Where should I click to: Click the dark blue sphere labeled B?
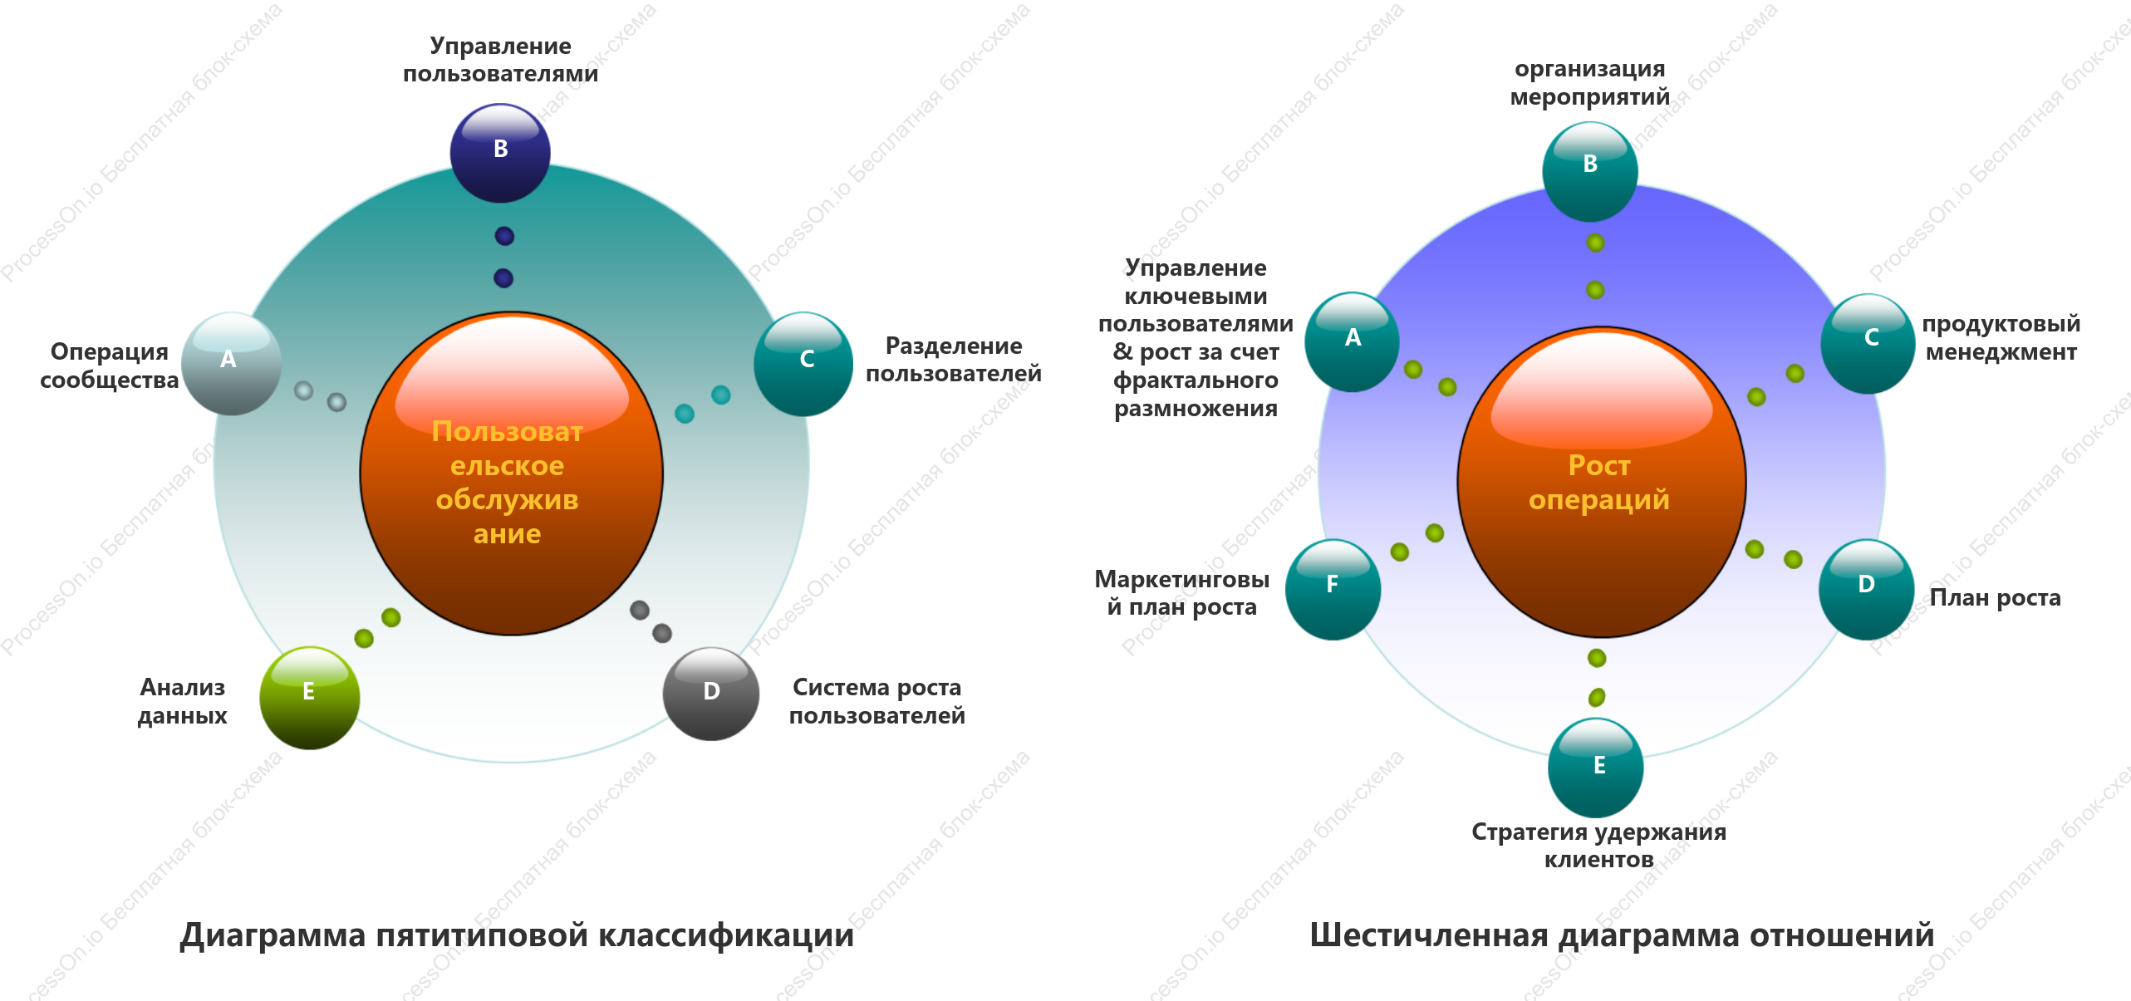pyautogui.click(x=500, y=153)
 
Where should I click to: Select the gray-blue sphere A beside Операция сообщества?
pyautogui.click(x=232, y=364)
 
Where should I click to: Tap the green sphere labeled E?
pyautogui.click(x=310, y=698)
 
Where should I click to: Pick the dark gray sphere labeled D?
pyautogui.click(x=711, y=694)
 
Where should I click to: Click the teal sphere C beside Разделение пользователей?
pyautogui.click(x=803, y=364)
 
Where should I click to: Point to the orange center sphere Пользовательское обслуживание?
pyautogui.click(x=511, y=474)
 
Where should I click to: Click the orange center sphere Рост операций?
pyautogui.click(x=1601, y=482)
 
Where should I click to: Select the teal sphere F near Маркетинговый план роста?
pyautogui.click(x=1333, y=590)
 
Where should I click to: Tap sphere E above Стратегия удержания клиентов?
pyautogui.click(x=1595, y=768)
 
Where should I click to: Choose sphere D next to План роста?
pyautogui.click(x=1867, y=590)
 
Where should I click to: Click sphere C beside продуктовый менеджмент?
pyautogui.click(x=1868, y=343)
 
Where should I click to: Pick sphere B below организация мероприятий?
pyautogui.click(x=1590, y=172)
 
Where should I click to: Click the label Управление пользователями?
pyautogui.click(x=500, y=60)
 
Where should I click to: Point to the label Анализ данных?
pyautogui.click(x=183, y=701)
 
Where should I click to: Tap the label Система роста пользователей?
pyautogui.click(x=877, y=701)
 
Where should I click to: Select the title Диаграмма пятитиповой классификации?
pyautogui.click(x=517, y=935)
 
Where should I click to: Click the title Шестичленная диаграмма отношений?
pyautogui.click(x=1622, y=935)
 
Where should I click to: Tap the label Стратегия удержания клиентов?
pyautogui.click(x=1598, y=846)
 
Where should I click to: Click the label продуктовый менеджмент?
pyautogui.click(x=2001, y=338)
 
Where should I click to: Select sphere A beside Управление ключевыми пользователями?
pyautogui.click(x=1353, y=342)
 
